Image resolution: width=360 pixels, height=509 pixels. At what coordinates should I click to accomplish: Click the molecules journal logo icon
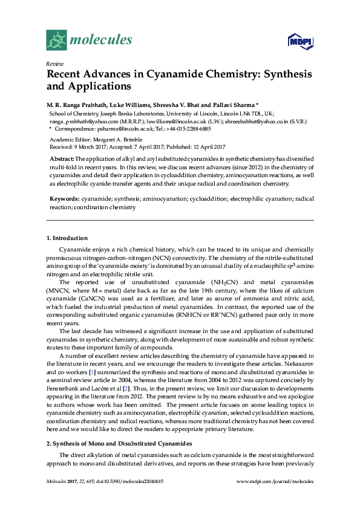click(x=56, y=39)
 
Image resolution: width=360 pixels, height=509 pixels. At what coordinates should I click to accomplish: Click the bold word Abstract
click(x=62, y=158)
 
